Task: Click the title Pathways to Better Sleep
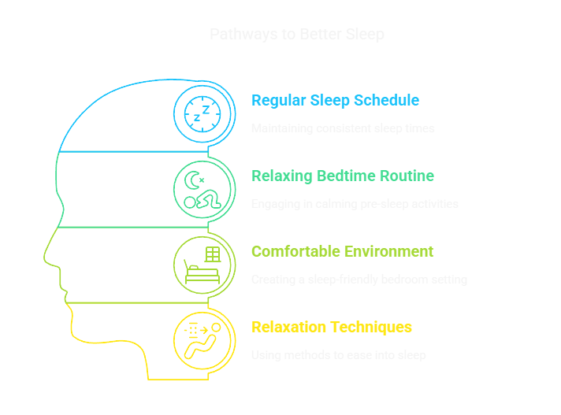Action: [x=297, y=35]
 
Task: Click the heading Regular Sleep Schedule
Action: [x=335, y=100]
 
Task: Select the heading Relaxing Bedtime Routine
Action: [x=342, y=176]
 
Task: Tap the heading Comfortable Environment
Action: [x=342, y=251]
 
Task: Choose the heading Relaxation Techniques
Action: [x=331, y=327]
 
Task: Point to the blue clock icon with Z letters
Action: [x=203, y=113]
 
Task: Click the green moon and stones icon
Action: [x=203, y=189]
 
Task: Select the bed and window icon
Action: [x=203, y=265]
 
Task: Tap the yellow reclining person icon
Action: [x=203, y=340]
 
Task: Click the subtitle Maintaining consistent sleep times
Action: [x=342, y=128]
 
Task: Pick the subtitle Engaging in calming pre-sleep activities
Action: [x=355, y=204]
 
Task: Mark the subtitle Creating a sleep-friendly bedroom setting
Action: [x=359, y=280]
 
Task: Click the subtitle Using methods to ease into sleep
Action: [x=338, y=355]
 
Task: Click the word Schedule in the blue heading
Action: [x=386, y=100]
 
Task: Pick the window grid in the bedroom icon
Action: [x=211, y=254]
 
